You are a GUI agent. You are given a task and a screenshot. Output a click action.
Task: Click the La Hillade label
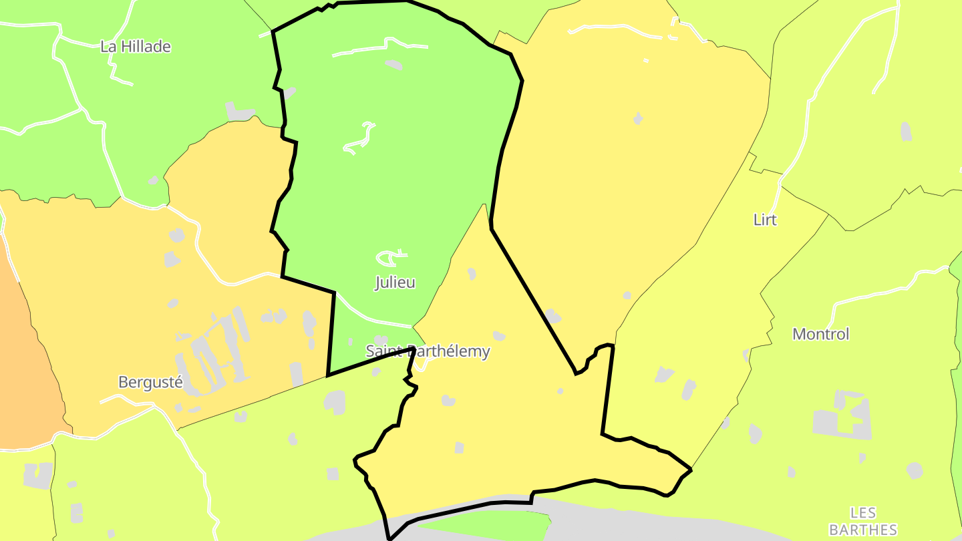(x=135, y=47)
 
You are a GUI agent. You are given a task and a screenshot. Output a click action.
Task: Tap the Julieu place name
(x=395, y=283)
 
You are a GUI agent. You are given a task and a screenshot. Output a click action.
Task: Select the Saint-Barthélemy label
(x=428, y=351)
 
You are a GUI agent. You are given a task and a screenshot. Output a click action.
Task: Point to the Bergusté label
(x=150, y=383)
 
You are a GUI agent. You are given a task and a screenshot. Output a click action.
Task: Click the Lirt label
(x=765, y=220)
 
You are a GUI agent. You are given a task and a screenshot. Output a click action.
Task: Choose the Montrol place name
(x=820, y=334)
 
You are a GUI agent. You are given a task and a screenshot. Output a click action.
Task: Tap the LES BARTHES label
(x=863, y=522)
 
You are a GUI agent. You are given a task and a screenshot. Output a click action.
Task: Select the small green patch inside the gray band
(x=494, y=524)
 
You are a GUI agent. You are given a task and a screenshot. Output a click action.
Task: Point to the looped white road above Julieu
(x=391, y=256)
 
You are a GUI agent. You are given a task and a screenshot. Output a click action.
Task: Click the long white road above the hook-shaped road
(x=381, y=48)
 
